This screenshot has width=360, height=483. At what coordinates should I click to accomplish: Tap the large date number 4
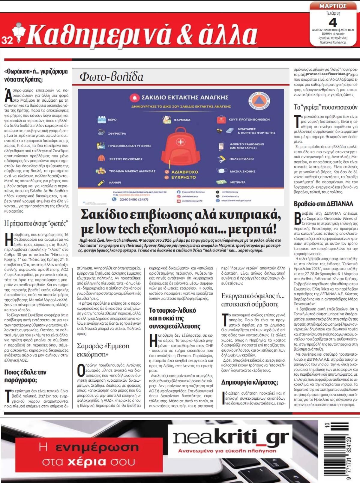coord(333,22)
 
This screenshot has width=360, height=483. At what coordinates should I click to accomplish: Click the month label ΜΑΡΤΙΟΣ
coord(333,6)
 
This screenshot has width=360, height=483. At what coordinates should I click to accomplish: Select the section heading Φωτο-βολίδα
coord(111,77)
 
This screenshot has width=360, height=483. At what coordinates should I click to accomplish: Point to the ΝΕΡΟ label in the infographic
coord(112,120)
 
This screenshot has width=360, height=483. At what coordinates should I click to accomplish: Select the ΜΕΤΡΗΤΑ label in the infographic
coord(238,182)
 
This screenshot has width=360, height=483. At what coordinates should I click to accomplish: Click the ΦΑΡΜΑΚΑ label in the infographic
coord(182,120)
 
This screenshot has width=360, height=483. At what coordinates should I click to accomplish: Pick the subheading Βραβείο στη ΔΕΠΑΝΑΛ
coord(323,204)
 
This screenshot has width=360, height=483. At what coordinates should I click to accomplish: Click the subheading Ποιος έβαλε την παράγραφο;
coord(25,376)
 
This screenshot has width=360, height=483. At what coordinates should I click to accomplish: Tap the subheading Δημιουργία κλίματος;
coord(249,382)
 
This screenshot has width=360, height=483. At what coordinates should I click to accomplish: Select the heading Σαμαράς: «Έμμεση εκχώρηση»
coord(103,350)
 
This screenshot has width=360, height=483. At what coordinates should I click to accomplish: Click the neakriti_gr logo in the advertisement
coord(231,438)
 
